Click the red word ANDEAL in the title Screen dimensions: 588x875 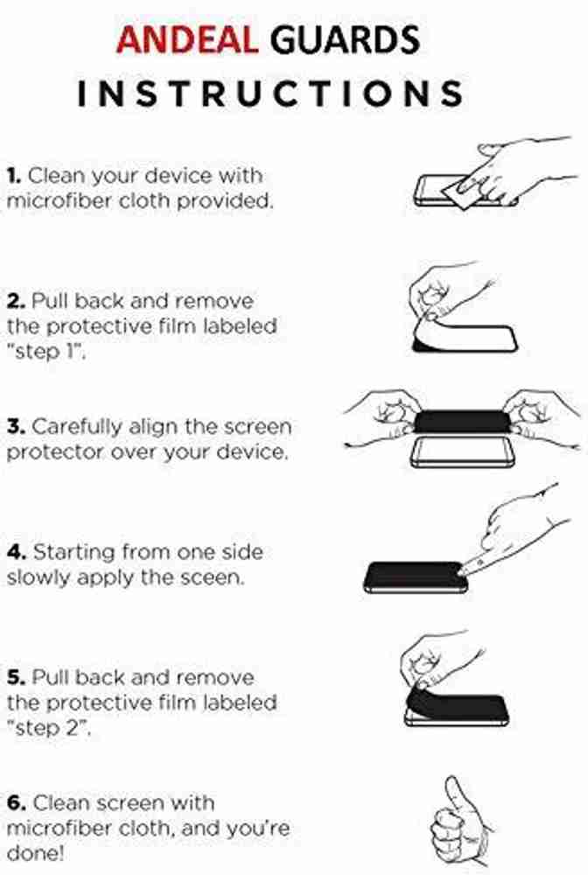pos(187,39)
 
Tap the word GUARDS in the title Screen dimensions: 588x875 pos(345,39)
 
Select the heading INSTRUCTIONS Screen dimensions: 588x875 pos(270,94)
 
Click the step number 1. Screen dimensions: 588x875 pos(14,176)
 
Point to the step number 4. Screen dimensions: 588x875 pos(16,552)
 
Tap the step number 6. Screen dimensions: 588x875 pos(16,803)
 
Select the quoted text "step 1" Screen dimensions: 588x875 pos(46,352)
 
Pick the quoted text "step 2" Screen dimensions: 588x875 pos(48,729)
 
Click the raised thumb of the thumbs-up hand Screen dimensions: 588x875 pos(453,793)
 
